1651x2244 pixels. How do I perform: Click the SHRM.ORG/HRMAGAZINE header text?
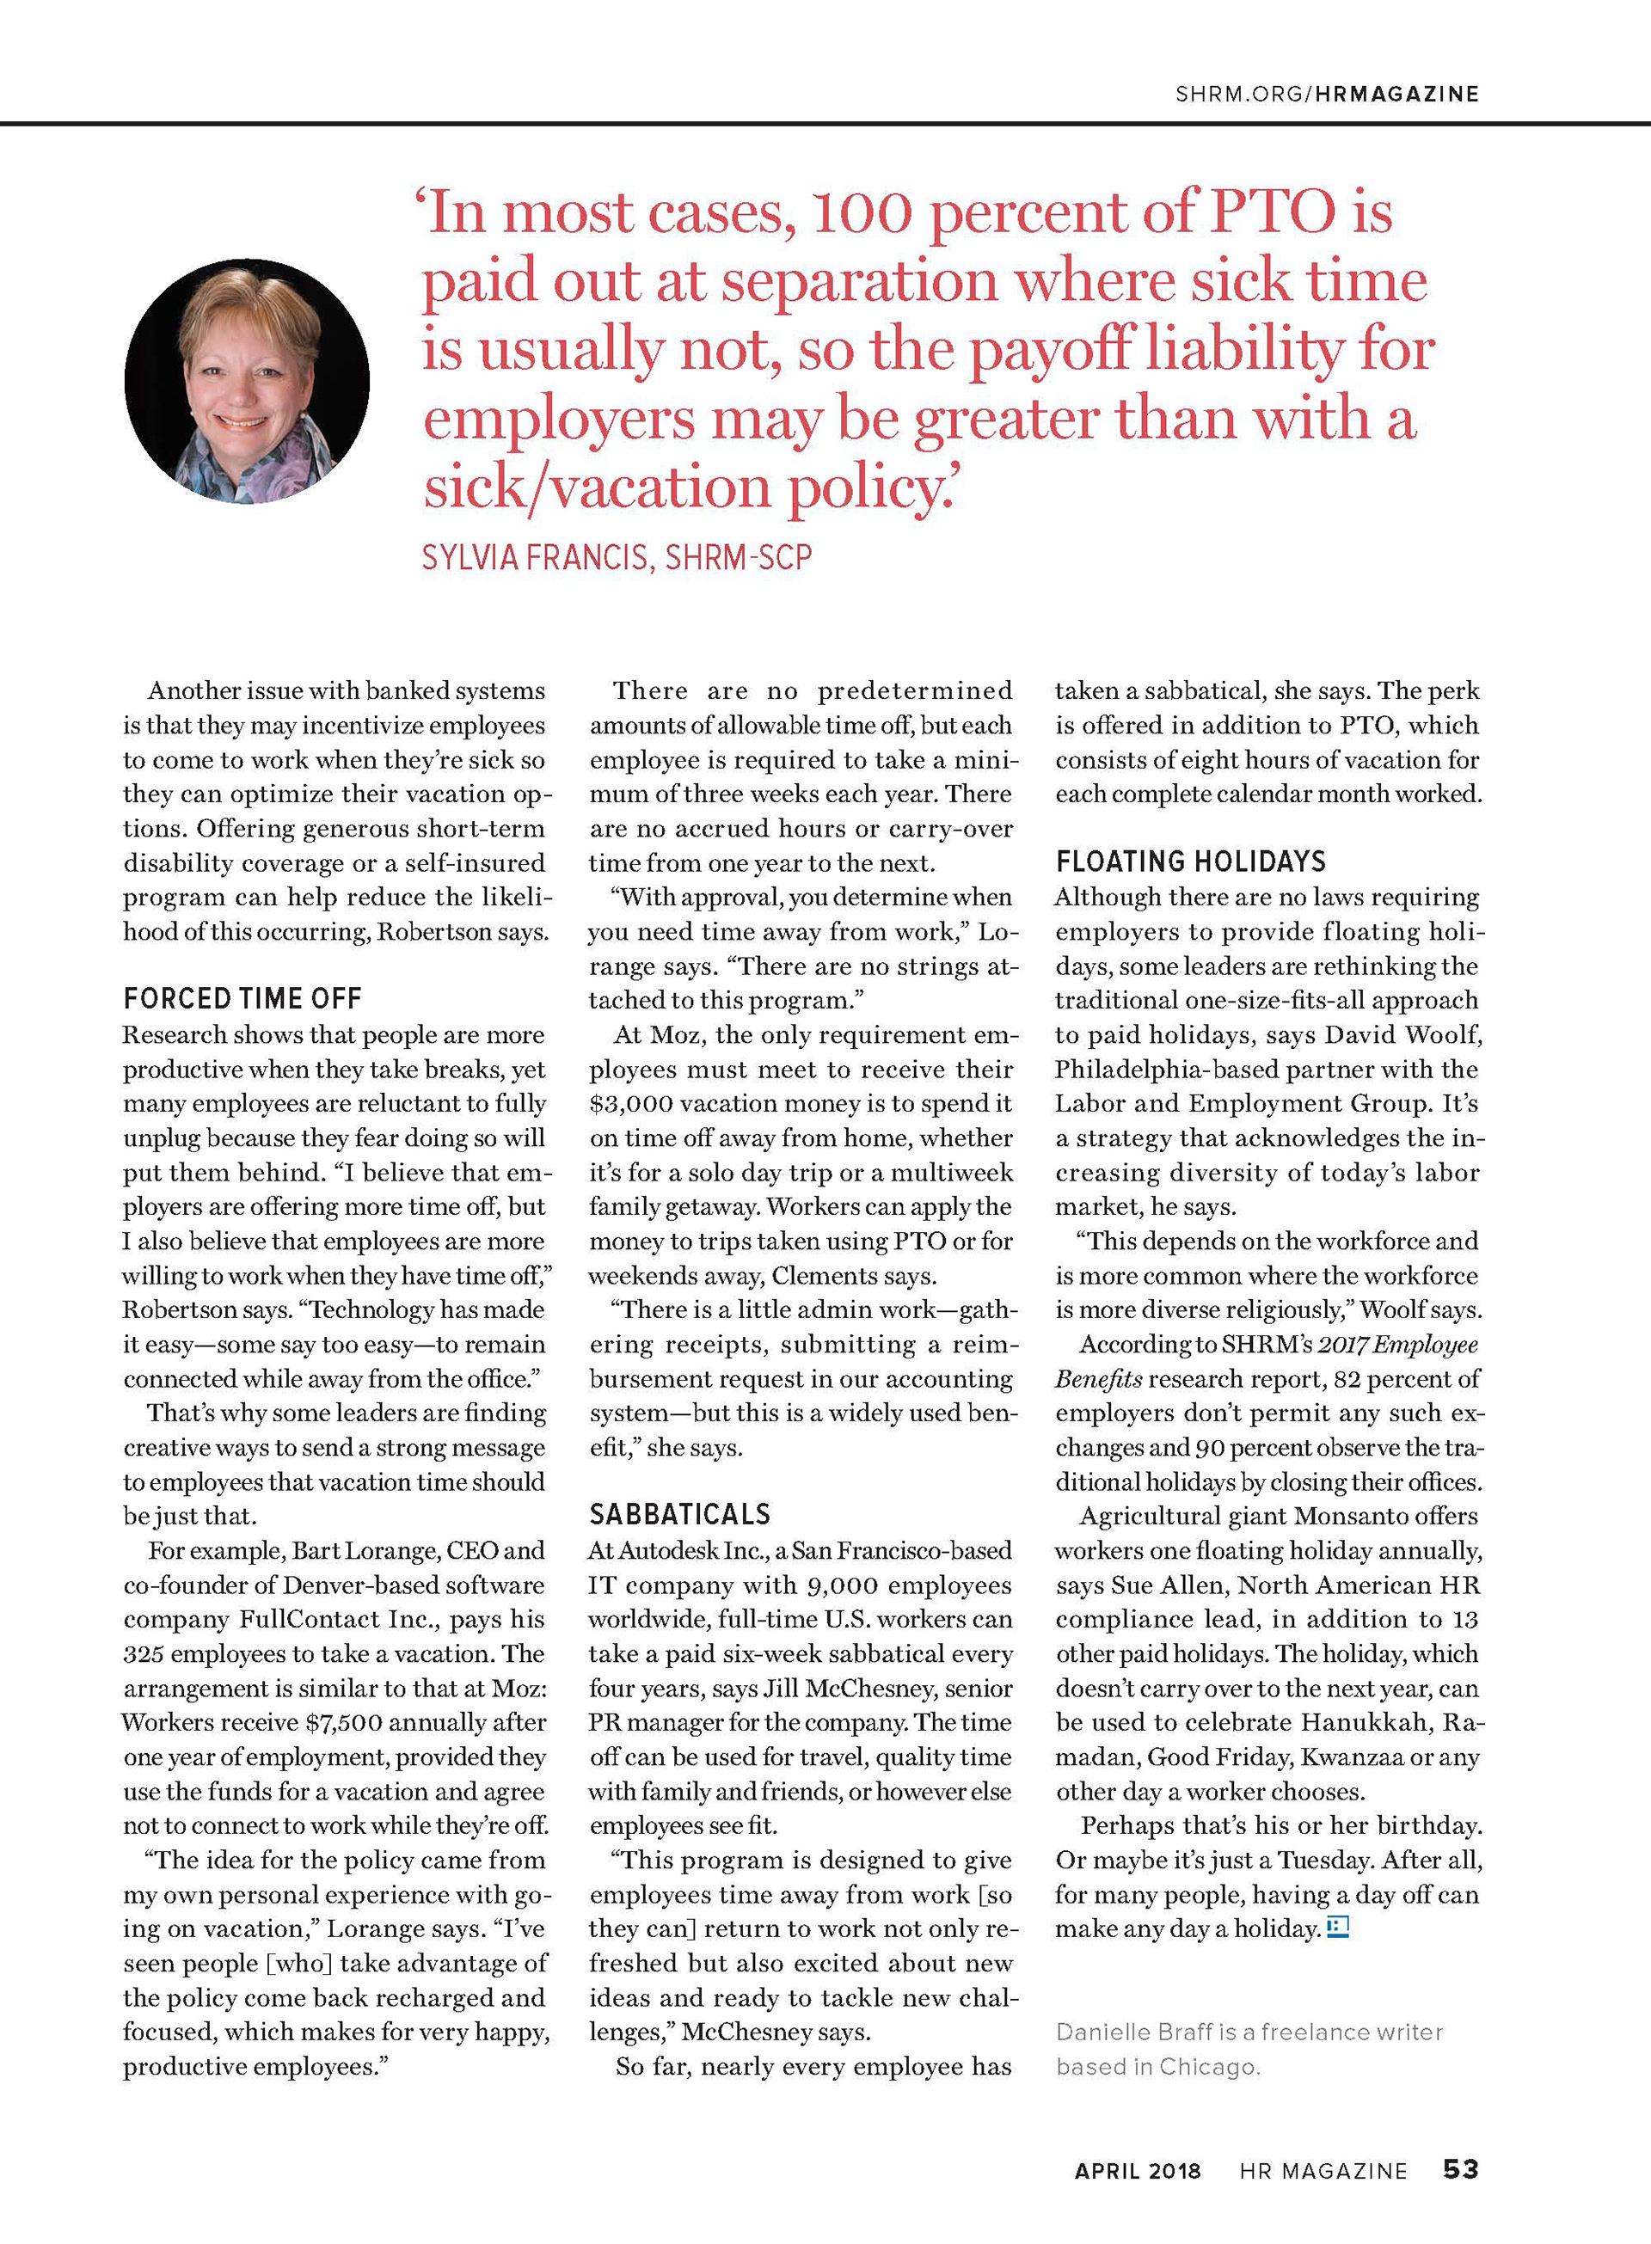pyautogui.click(x=1326, y=94)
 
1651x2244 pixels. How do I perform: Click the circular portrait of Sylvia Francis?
pyautogui.click(x=247, y=382)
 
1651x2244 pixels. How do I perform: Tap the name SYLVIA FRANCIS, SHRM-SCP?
pyautogui.click(x=617, y=557)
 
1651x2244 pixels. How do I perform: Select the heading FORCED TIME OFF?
pyautogui.click(x=242, y=998)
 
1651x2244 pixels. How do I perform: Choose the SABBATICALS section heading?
pyautogui.click(x=679, y=1515)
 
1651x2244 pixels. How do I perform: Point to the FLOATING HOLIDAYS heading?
pyautogui.click(x=1190, y=861)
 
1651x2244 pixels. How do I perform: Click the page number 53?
pyautogui.click(x=1460, y=2169)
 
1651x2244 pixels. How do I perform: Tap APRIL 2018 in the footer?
pyautogui.click(x=1138, y=2171)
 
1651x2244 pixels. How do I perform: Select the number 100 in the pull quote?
pyautogui.click(x=862, y=213)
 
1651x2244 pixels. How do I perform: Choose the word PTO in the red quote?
pyautogui.click(x=1273, y=213)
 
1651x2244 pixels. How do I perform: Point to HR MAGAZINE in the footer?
pyautogui.click(x=1323, y=2171)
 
